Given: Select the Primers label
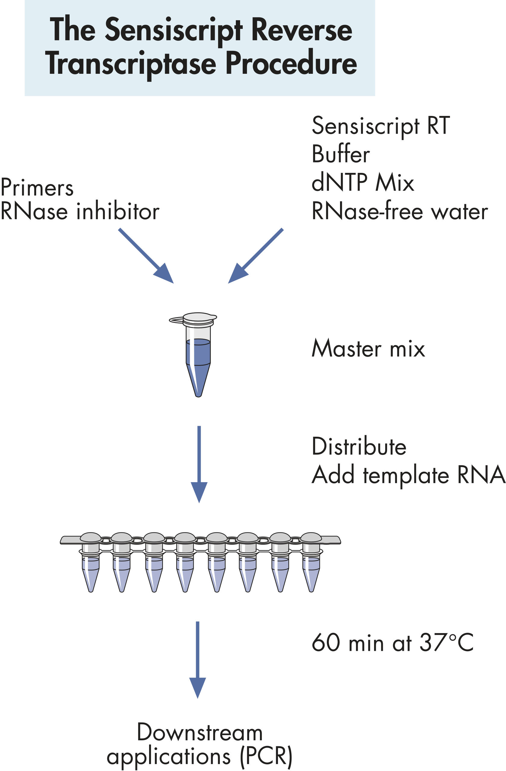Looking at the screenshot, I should coord(37,188).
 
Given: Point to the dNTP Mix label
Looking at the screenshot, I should coord(363,183).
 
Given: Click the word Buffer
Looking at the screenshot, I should coord(340,154).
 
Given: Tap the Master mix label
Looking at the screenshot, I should coord(368,349).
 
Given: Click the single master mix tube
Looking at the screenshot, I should coord(198,360).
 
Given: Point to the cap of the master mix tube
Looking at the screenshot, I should coord(198,318).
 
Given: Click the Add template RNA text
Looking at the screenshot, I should coord(408,475).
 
